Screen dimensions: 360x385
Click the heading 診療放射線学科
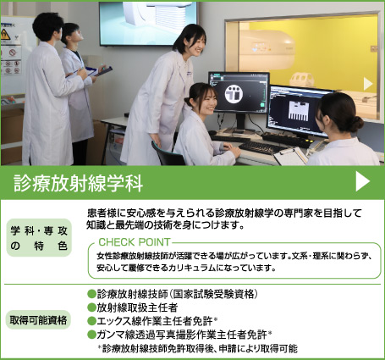[78, 183]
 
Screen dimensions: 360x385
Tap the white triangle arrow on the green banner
[362, 182]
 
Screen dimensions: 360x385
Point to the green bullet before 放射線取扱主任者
[91, 307]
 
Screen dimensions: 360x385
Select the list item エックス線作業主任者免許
[157, 321]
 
